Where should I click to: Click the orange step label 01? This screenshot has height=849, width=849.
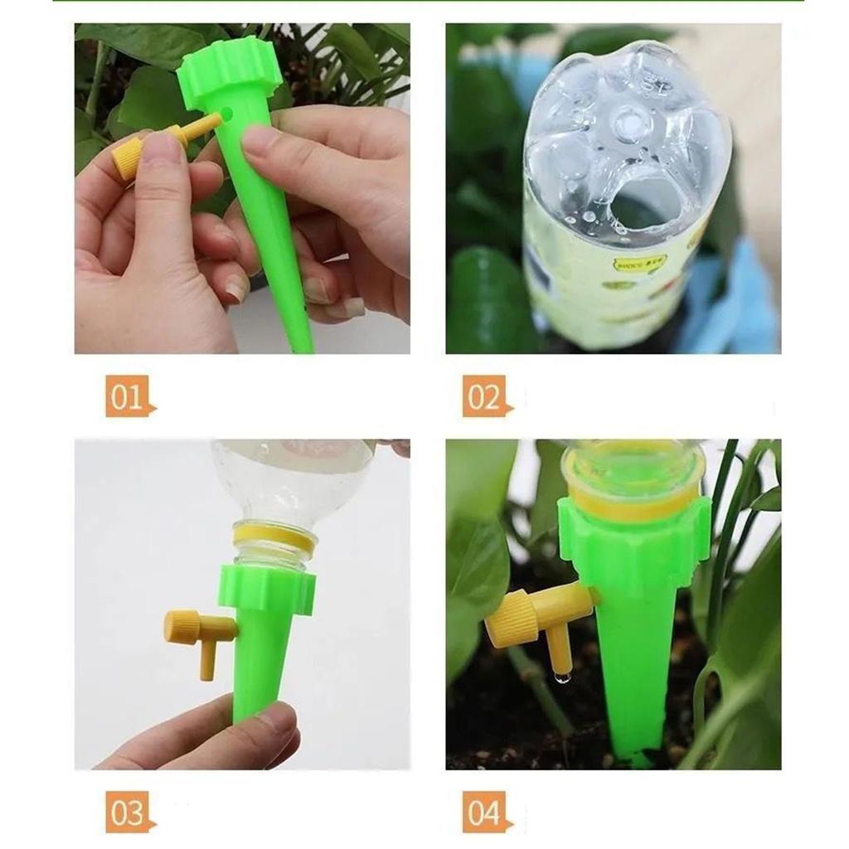point(129,396)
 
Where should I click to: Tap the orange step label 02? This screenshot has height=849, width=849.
point(486,396)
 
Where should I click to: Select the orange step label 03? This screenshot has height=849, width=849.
point(129,812)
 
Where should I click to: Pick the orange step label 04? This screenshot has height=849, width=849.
point(486,812)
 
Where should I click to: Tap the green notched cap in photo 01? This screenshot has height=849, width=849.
point(229,70)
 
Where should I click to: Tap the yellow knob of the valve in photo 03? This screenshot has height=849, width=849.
point(181,627)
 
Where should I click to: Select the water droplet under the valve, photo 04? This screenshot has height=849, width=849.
point(563,678)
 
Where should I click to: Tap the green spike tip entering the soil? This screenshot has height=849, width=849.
point(637,754)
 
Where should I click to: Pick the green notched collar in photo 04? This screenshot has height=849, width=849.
point(634,539)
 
